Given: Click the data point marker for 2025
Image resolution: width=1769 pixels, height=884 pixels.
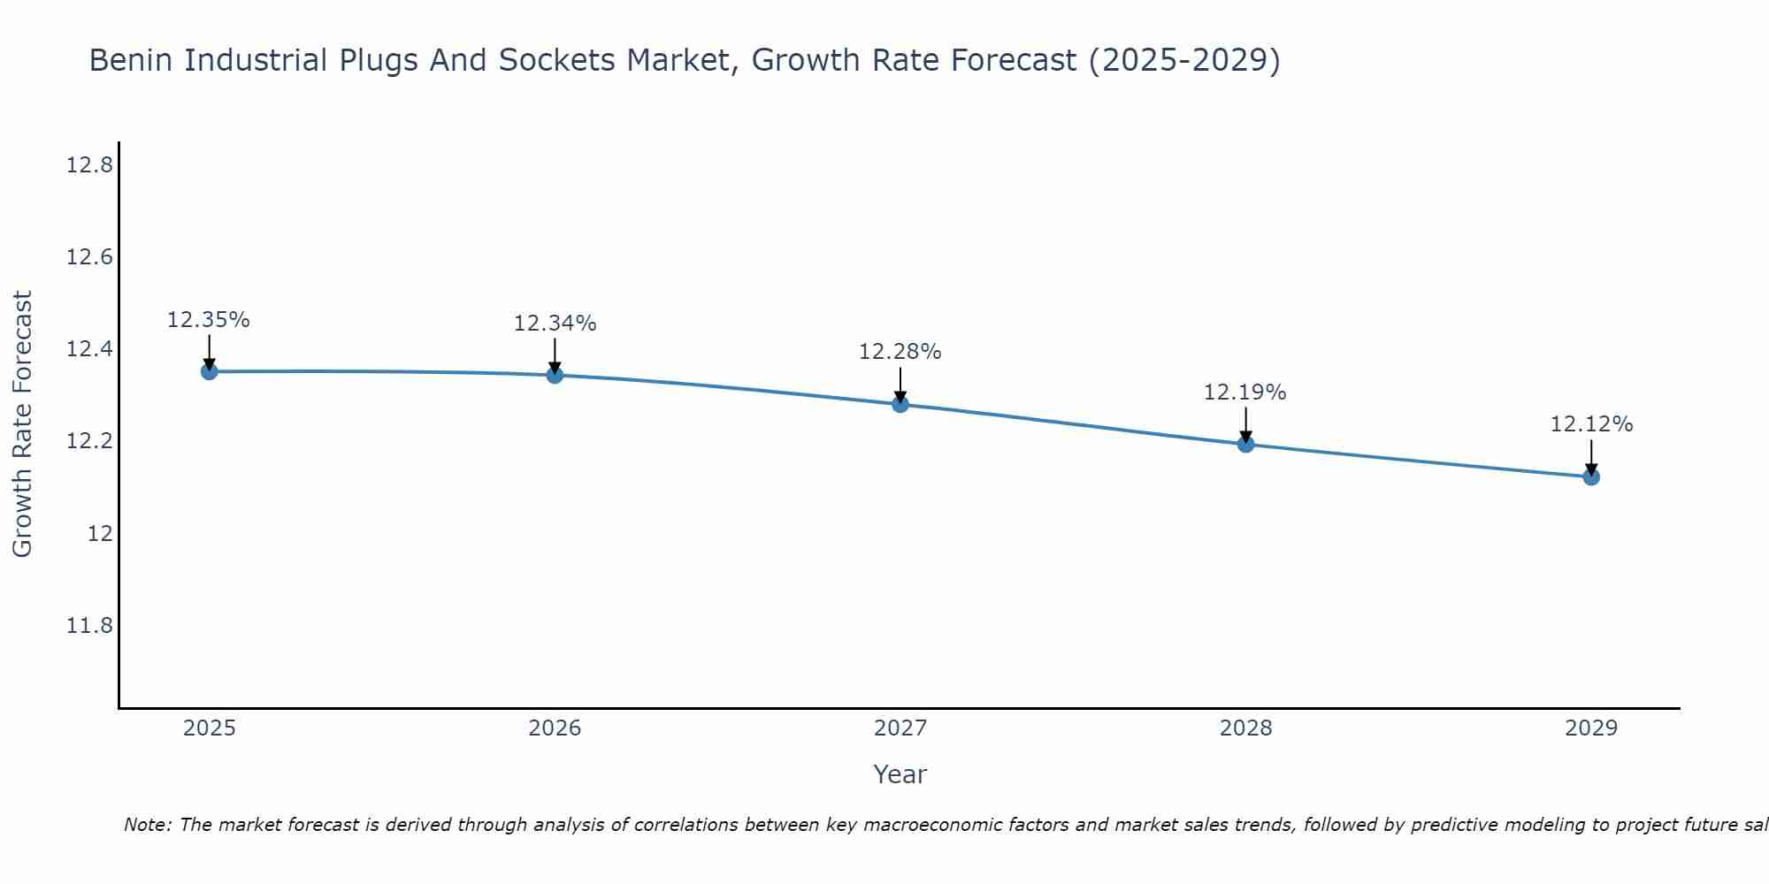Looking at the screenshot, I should tap(210, 371).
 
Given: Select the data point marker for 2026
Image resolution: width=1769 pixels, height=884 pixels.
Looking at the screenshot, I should tap(555, 375).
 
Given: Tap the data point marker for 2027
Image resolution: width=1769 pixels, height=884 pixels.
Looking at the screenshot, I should tap(900, 404).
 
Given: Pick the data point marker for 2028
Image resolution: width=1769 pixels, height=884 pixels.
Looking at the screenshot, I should tap(1245, 444).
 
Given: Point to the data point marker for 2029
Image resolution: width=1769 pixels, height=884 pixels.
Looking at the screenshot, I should tap(1591, 476).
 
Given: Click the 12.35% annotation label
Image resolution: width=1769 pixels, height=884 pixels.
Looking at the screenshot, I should tap(209, 320).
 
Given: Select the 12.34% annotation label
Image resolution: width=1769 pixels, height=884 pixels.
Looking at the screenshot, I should tap(555, 324).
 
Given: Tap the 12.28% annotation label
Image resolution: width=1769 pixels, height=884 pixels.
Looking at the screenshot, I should tap(900, 352).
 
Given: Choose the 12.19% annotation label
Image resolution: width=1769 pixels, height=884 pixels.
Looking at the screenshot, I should tap(1244, 392).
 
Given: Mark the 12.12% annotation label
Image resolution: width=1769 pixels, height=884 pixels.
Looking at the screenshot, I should tap(1591, 424).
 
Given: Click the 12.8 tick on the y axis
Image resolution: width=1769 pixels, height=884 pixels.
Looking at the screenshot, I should tap(89, 165).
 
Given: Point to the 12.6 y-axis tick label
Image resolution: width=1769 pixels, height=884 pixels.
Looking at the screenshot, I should tap(89, 257).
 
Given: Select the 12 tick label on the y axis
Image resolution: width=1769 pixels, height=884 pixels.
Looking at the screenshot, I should tap(100, 534).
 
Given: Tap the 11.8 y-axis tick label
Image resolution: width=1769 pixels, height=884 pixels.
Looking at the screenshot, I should tap(89, 626).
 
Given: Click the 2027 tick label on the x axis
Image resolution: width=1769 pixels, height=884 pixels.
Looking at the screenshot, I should tap(900, 728).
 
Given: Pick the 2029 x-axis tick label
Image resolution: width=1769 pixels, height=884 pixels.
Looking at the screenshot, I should tap(1591, 728).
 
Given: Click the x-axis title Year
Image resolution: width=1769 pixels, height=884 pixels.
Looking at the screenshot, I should tap(900, 774).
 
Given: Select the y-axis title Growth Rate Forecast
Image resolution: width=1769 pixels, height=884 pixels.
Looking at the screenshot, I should tap(23, 424).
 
